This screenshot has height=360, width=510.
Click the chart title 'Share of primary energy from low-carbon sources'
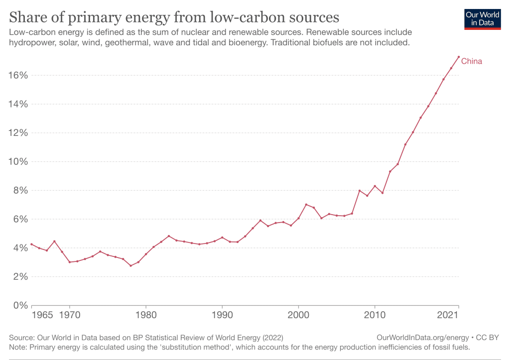[x=174, y=17]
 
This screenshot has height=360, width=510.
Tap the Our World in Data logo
[x=482, y=19]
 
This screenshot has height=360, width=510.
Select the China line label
[x=472, y=61]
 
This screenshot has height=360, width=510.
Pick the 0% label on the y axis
[x=19, y=305]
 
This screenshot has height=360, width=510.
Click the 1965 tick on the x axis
[x=43, y=316]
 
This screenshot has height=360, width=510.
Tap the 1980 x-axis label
[x=146, y=316]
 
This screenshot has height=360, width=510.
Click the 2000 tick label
[x=298, y=316]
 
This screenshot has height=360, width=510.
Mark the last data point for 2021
[x=459, y=57]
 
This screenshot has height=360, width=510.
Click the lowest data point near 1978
[x=130, y=265]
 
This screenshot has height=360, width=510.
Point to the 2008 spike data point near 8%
[x=359, y=191]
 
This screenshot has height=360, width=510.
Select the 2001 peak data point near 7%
[x=306, y=204]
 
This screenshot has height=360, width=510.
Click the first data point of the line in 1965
[x=31, y=244]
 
